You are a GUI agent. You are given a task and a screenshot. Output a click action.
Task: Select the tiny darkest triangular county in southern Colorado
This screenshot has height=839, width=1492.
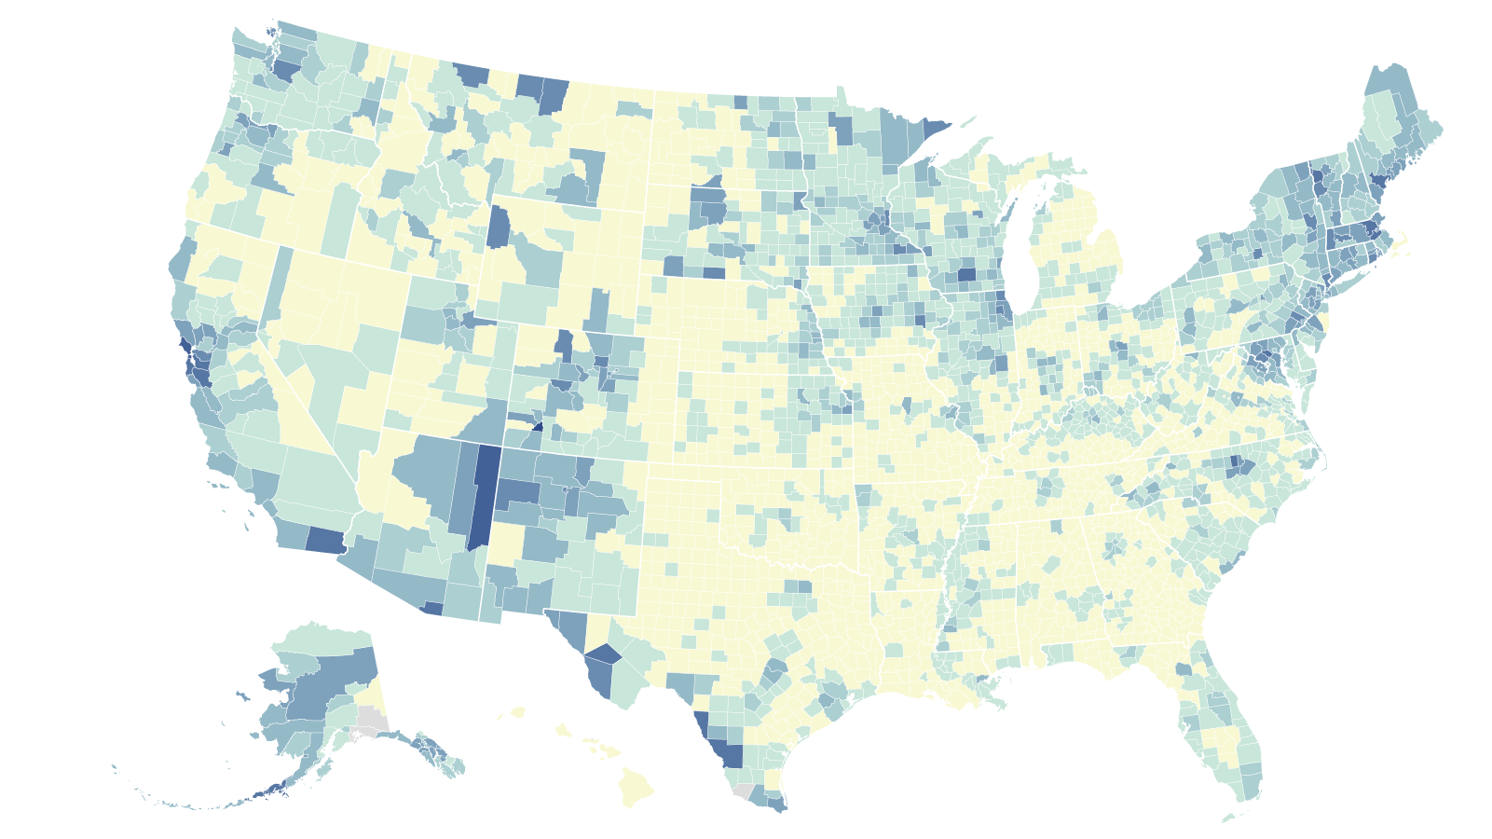pos(538,426)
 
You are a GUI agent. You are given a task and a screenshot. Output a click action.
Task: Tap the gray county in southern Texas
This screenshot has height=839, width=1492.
pos(742,791)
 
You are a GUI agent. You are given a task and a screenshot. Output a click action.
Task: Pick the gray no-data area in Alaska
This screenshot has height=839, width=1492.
pos(372,720)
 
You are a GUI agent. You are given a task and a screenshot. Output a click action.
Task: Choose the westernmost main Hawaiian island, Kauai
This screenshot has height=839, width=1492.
pos(517,713)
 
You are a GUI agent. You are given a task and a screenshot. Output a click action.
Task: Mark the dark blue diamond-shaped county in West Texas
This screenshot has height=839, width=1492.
pos(602,653)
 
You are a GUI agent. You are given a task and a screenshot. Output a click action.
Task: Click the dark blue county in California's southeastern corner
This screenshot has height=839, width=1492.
pos(325,540)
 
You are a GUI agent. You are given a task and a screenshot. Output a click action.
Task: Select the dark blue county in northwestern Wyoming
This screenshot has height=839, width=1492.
pos(499,227)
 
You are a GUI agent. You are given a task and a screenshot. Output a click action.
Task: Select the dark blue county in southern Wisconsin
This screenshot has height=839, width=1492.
pos(966,275)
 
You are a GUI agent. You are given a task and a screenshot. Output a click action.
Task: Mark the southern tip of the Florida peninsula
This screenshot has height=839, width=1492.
pos(1247,798)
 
